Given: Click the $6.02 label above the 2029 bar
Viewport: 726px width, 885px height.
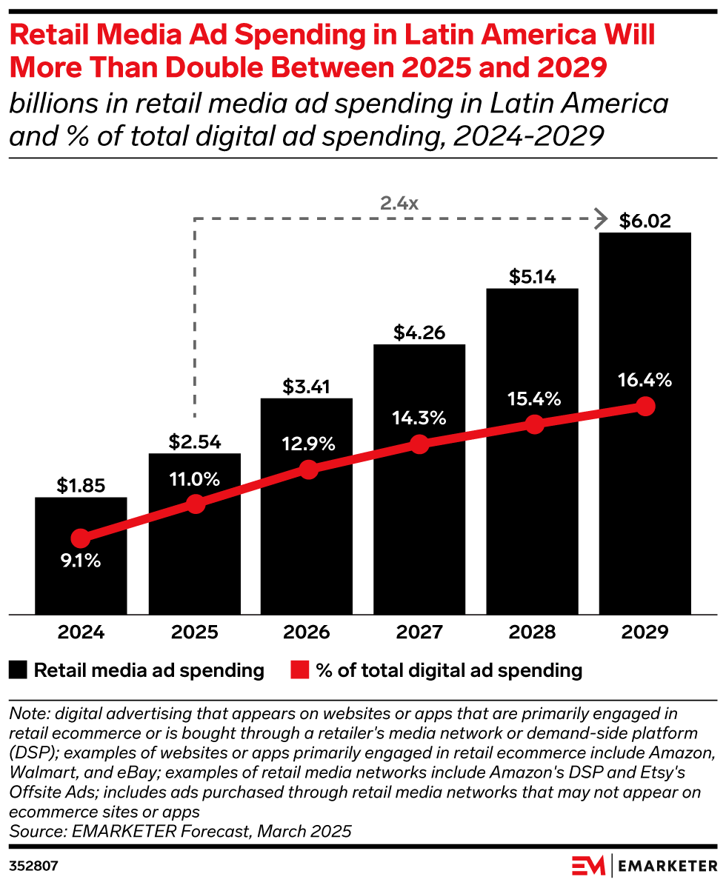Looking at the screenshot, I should [645, 221].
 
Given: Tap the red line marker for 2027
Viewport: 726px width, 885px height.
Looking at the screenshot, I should [419, 444].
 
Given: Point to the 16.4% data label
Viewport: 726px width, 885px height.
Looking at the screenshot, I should [645, 381].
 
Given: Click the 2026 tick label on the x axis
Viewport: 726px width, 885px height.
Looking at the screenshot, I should [306, 632].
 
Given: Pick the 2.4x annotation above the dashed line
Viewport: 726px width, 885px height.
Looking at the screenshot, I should [399, 202].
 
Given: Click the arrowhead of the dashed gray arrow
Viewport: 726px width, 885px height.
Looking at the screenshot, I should [602, 218].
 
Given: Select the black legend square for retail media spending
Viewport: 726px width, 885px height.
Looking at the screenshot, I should [19, 671].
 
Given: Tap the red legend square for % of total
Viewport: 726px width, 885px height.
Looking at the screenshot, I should [298, 671].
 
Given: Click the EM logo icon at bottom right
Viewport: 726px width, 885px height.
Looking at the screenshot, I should [588, 865].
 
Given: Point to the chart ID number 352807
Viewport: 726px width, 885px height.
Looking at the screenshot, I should [34, 865].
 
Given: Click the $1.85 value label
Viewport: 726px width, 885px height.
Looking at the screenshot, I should [81, 486].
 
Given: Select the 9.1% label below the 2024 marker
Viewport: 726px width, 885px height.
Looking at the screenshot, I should [81, 561].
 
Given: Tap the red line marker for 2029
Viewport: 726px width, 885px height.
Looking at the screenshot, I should [645, 407].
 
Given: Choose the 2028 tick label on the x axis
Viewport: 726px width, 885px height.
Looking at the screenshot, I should [532, 632].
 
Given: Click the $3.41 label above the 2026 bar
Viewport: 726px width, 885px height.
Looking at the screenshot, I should [306, 387].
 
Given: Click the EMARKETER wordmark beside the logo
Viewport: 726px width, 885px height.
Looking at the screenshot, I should [666, 865].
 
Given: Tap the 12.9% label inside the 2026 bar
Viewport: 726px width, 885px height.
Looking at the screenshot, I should [306, 444].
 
